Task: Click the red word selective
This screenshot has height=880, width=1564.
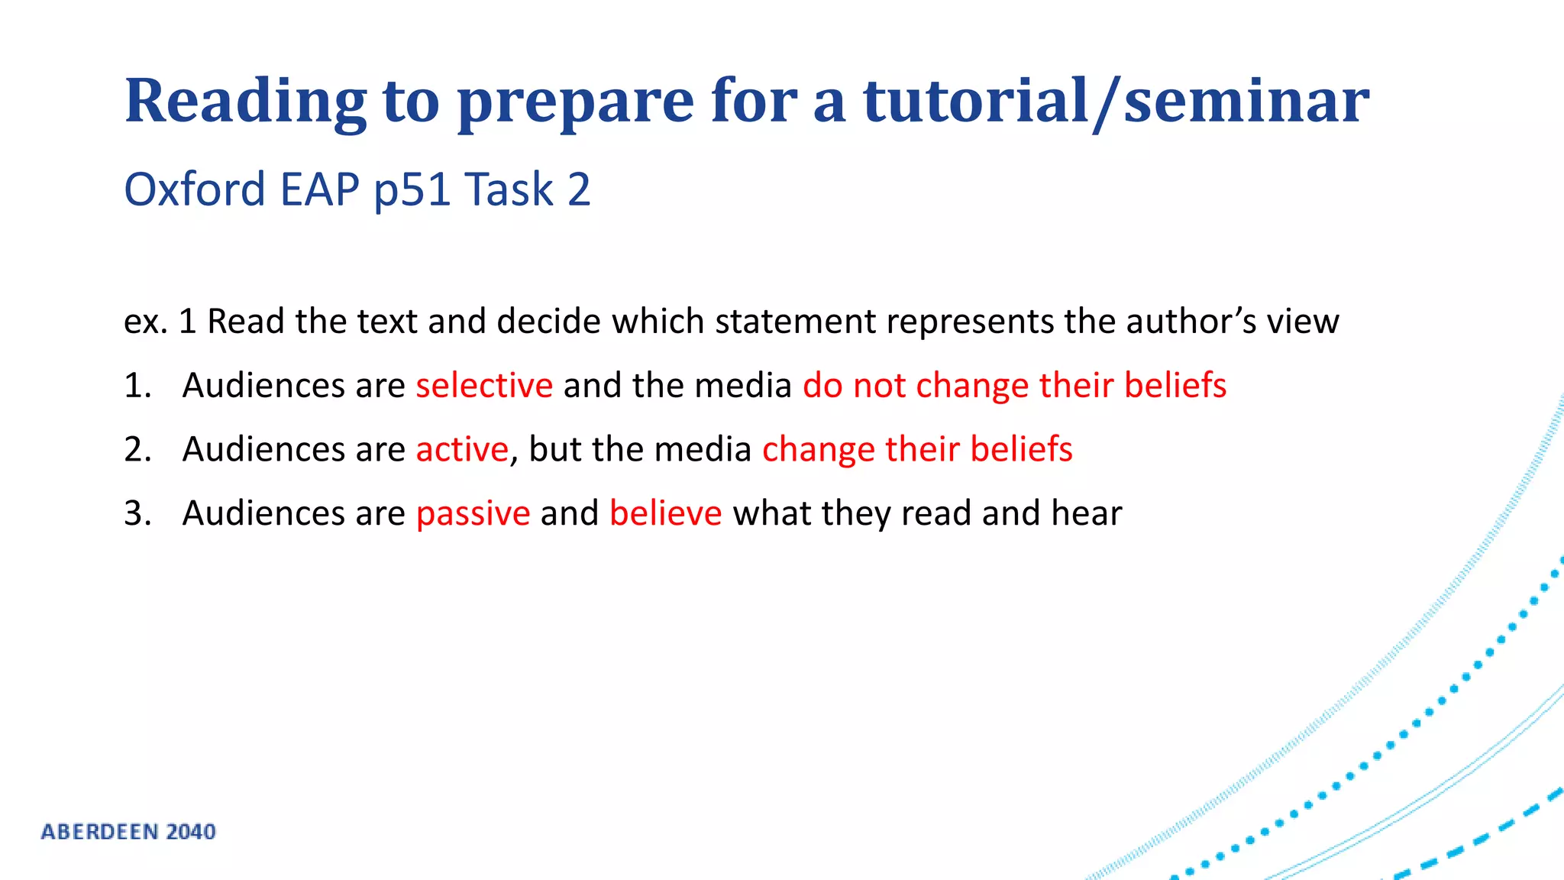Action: tap(484, 385)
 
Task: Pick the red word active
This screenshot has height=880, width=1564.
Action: tap(462, 449)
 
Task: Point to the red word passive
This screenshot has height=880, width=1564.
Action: tap(473, 513)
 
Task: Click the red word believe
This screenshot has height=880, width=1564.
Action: tap(665, 513)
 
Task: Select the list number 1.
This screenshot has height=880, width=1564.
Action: tap(137, 386)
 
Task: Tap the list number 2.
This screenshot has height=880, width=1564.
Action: tap(137, 449)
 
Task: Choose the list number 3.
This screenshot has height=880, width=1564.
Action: tap(137, 513)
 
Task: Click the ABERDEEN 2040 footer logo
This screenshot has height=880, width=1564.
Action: tap(128, 831)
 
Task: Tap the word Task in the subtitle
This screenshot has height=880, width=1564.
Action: tap(509, 189)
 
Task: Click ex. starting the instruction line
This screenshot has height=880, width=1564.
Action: tap(145, 322)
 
